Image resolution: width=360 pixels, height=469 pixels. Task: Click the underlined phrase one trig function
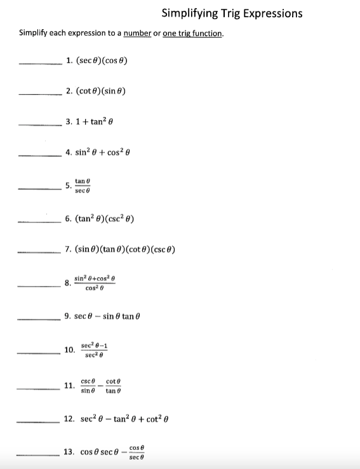click(x=193, y=33)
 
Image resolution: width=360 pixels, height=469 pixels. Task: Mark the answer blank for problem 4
click(x=40, y=153)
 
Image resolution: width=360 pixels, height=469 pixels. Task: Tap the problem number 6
click(x=69, y=220)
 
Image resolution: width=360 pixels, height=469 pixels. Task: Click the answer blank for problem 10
click(x=39, y=351)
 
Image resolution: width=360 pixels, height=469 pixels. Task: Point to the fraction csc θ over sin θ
click(x=88, y=386)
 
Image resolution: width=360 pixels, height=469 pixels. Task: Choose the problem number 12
click(x=69, y=419)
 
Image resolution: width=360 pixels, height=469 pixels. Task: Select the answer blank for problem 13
click(x=39, y=454)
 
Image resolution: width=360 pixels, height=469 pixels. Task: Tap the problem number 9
click(x=69, y=316)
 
